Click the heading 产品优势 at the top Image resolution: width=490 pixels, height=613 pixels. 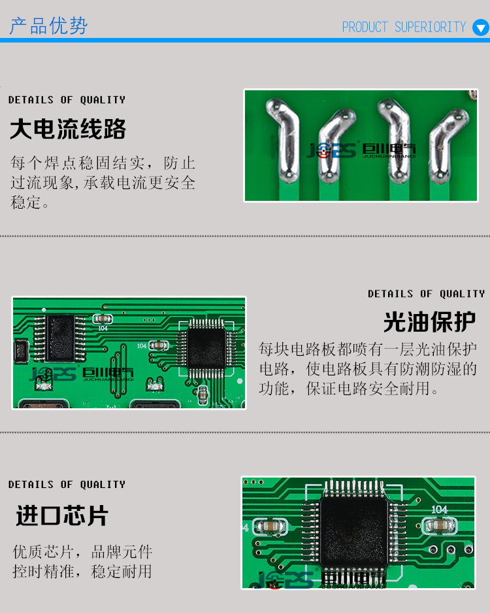point(48,26)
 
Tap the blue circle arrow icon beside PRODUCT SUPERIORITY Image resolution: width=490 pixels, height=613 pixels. point(480,28)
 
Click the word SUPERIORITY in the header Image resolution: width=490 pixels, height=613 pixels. point(430,27)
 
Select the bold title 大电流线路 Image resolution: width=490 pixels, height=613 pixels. point(68,130)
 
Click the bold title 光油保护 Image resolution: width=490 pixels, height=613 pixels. point(429,322)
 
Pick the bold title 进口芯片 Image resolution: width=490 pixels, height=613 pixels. point(62,516)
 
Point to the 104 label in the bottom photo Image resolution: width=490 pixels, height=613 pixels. point(439,509)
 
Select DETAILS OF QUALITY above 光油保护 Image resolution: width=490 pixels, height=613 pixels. point(426,294)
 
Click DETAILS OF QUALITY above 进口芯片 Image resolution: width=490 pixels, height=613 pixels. point(67,485)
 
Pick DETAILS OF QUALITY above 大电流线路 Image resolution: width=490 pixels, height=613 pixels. point(67,100)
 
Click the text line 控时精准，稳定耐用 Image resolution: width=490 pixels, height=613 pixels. point(82,571)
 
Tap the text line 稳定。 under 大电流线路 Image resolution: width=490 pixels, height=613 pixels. point(30,202)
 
